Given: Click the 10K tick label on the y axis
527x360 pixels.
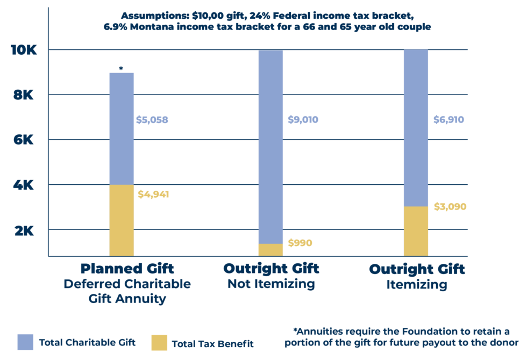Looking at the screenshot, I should [24, 51].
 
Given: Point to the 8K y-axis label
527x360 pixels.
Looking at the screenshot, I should [24, 95].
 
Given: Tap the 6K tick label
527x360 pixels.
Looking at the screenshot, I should [24, 140].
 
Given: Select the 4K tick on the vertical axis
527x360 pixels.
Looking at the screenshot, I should [24, 185].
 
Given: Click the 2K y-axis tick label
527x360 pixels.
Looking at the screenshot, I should [24, 231].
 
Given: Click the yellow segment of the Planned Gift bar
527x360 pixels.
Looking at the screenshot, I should [122, 220].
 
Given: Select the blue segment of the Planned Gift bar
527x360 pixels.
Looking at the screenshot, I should [122, 129].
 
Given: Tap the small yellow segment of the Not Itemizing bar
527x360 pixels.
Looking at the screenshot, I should [270, 250].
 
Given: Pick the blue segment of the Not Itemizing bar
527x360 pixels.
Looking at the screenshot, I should [270, 145].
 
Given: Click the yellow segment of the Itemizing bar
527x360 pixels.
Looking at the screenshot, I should [416, 231].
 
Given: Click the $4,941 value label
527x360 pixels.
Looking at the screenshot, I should [154, 195].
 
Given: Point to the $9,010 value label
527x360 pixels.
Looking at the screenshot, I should [303, 120].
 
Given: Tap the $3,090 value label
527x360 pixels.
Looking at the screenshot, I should [450, 207].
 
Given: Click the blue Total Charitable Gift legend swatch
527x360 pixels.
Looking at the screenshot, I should [25, 342].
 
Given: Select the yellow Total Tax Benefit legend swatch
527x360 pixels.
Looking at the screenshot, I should [159, 342].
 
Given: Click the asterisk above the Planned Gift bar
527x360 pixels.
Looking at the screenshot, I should [121, 68].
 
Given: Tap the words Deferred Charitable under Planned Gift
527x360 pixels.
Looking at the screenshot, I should [127, 284].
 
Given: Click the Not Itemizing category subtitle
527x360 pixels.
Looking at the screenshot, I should [271, 284].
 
